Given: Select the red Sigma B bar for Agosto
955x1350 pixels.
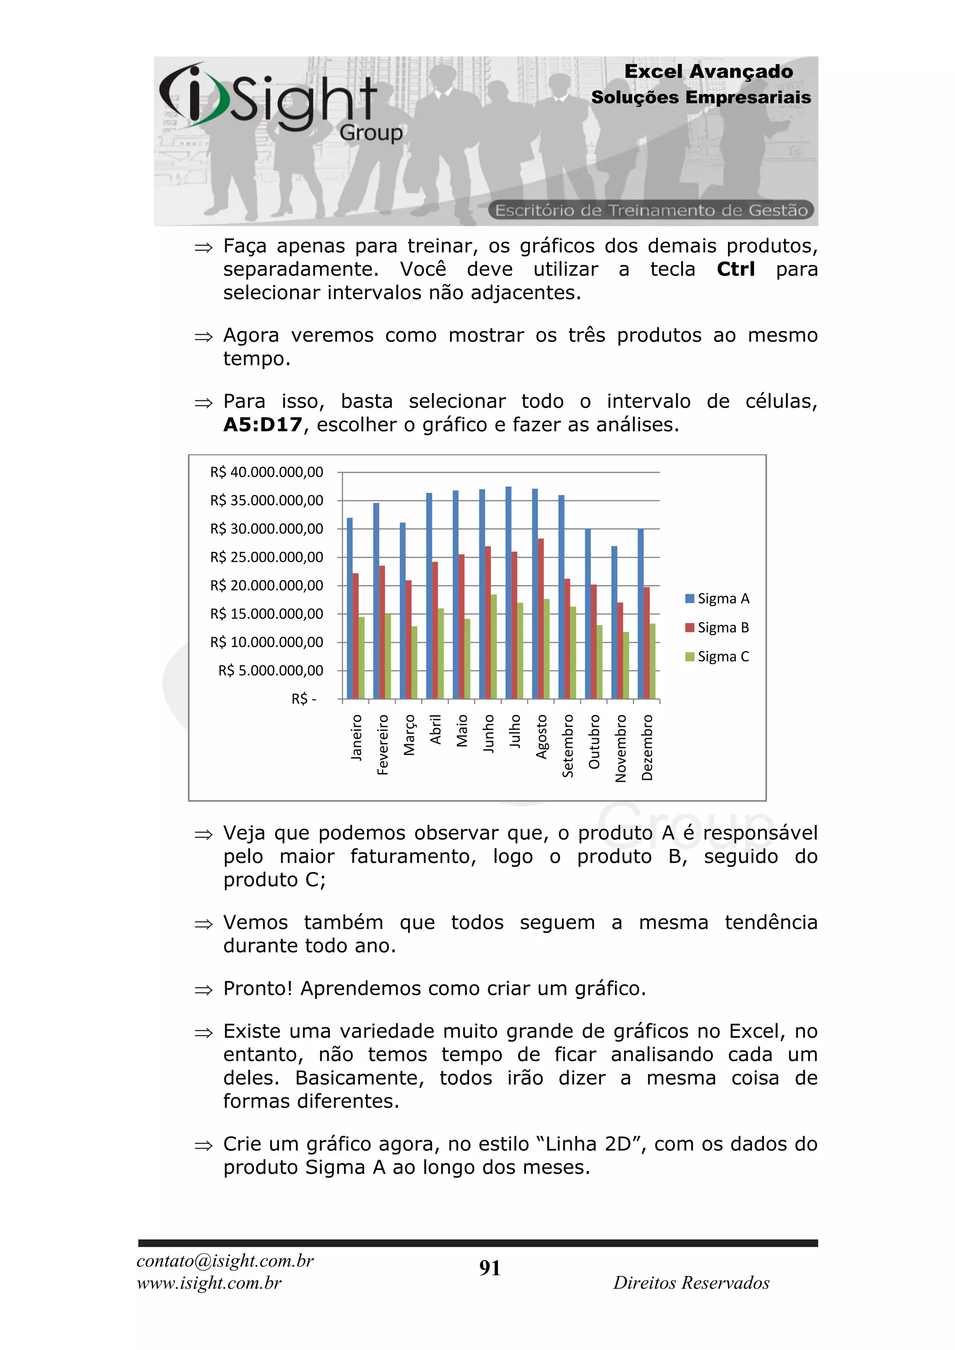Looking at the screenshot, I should pos(540,619).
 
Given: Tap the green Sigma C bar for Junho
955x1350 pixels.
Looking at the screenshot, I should pos(493,647).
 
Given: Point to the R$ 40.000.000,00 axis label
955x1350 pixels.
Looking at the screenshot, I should pos(266,472).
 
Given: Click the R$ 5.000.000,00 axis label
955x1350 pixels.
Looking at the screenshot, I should pos(270,670).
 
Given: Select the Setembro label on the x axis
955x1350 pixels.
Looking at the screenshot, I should pos(567,745).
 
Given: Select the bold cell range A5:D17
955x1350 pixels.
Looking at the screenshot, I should pos(262,425).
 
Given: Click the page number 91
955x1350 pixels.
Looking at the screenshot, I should pos(489,1268).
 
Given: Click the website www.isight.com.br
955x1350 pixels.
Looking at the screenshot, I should pos(209,1283).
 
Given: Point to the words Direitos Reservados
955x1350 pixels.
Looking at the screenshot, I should pos(691,1283).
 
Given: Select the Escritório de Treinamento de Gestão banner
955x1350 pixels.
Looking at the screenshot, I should pos(651,210).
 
